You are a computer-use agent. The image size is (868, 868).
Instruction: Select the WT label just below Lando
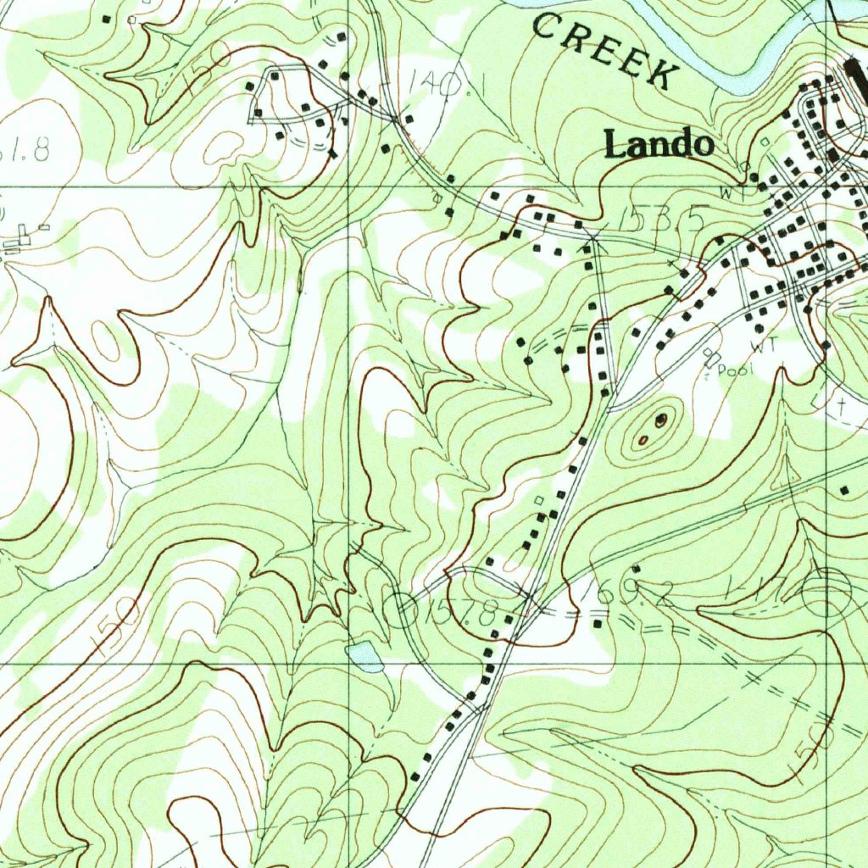727,192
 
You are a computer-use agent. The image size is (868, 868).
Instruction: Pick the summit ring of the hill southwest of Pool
660,420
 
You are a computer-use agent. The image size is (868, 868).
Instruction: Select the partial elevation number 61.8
25,150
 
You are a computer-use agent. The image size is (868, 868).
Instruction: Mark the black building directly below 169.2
600,625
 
